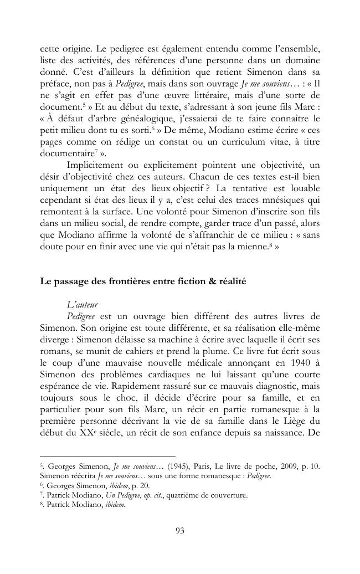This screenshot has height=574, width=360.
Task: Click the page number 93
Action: click(x=179, y=531)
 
